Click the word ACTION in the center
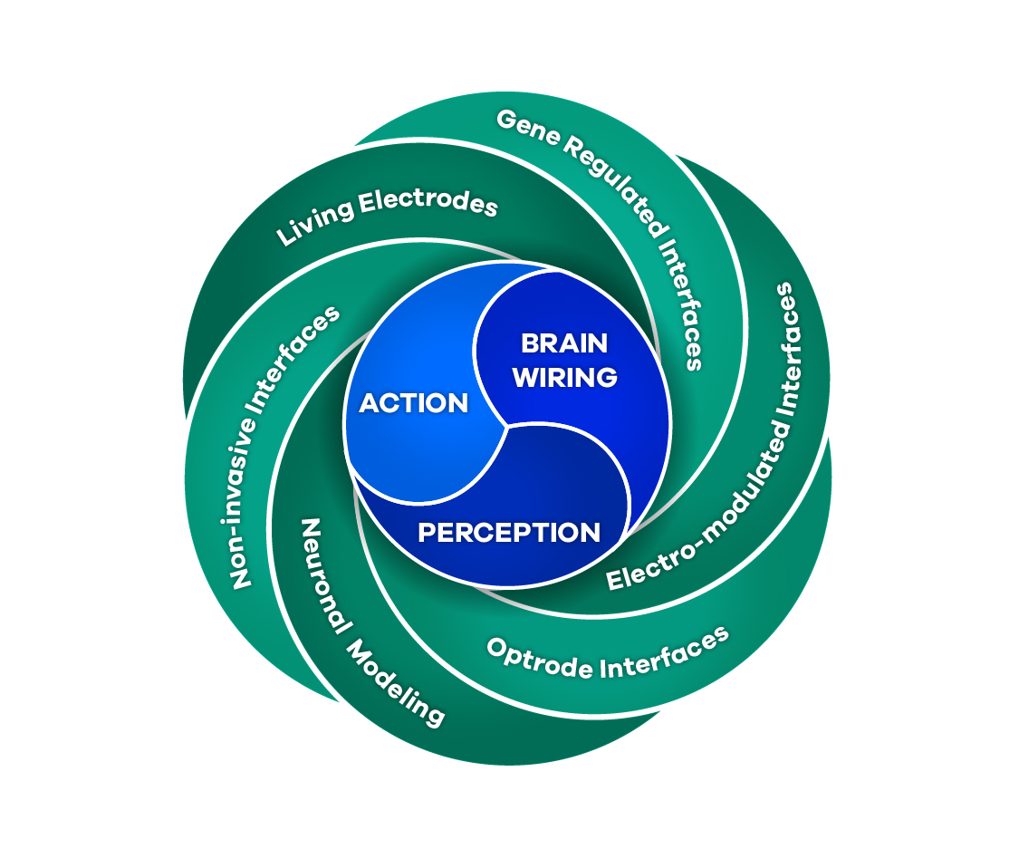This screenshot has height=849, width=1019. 414,403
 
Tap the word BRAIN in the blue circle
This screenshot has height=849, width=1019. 564,343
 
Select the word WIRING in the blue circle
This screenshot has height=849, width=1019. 565,377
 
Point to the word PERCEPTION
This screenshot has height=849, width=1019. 509,532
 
